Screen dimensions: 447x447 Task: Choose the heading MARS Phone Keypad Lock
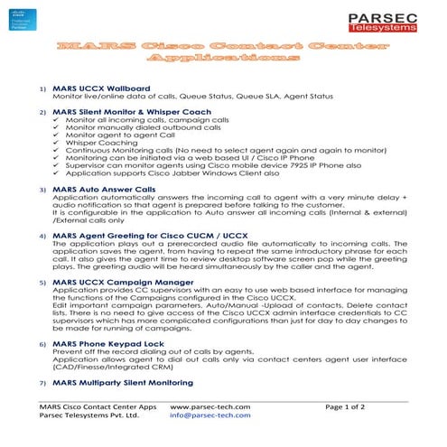108,344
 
